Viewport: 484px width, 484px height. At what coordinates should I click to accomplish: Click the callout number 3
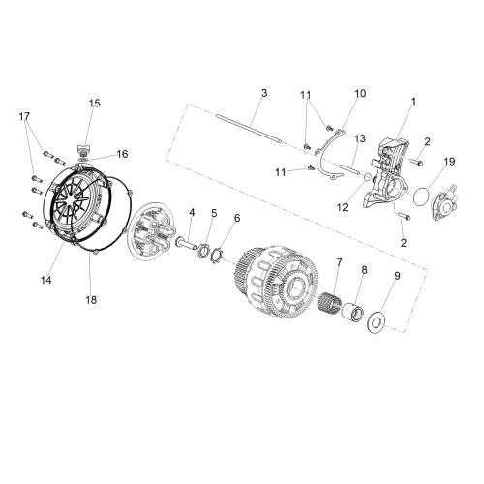click(x=264, y=93)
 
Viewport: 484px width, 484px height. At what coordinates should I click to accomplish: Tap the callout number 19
click(x=450, y=162)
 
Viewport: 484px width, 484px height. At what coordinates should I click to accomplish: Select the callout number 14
click(x=46, y=280)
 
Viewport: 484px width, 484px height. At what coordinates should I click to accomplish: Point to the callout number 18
click(x=91, y=300)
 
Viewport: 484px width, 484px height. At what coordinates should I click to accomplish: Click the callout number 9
click(x=397, y=276)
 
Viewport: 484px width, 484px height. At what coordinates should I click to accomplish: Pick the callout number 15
click(x=95, y=104)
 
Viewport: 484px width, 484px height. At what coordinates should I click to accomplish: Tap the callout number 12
click(x=343, y=207)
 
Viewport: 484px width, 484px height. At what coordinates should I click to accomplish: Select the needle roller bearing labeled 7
click(x=329, y=302)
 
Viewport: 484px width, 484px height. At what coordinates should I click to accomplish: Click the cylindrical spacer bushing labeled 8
click(x=353, y=313)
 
